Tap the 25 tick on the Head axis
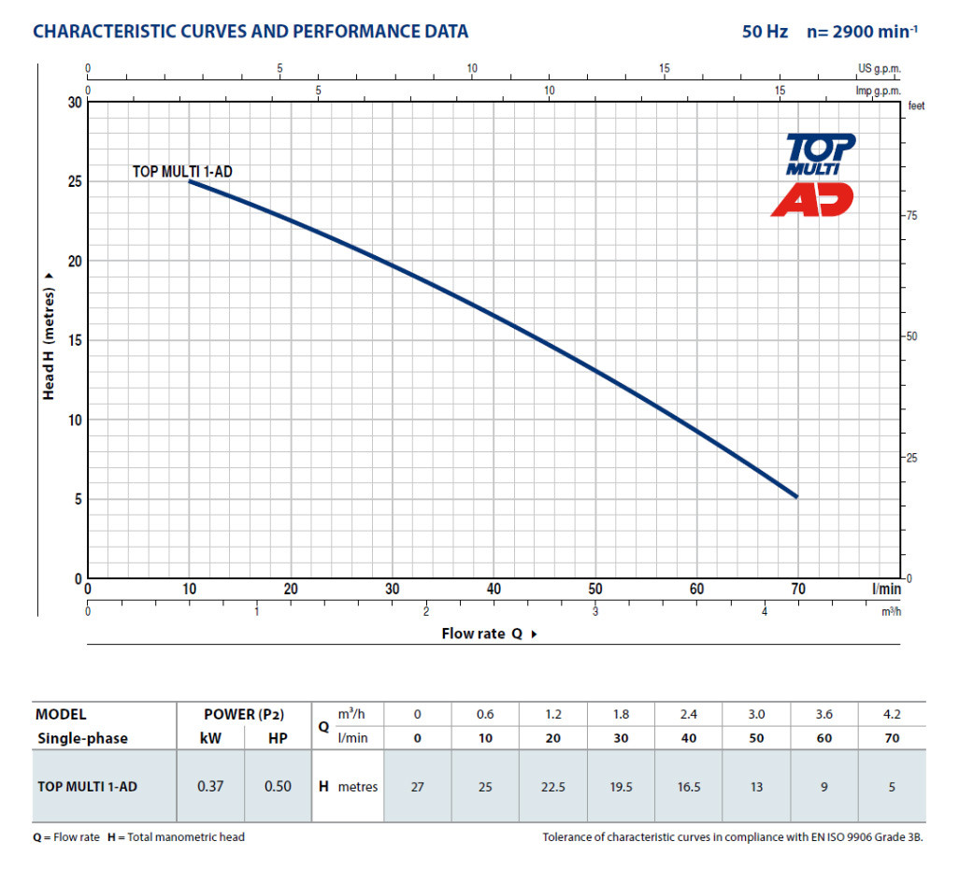74,181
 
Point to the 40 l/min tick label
494,590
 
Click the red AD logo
812,199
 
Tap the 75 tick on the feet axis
914,216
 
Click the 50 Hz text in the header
766,32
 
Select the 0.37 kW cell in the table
208,786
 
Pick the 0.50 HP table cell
278,786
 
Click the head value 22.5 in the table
553,787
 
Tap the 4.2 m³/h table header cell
892,714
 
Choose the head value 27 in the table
418,787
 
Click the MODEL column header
61,714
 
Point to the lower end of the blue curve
796,496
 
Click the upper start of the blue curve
190,181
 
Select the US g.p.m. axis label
880,69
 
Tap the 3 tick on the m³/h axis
595,611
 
